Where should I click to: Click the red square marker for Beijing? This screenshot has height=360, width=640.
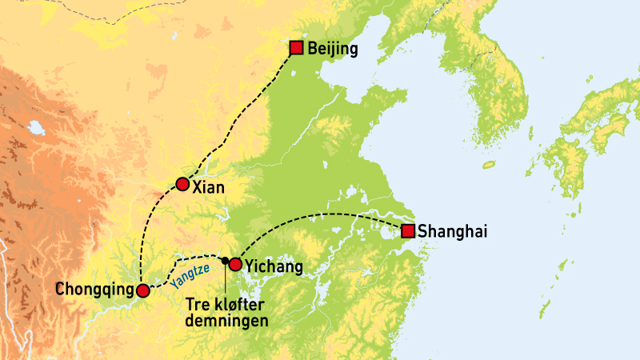pyautogui.click(x=296, y=48)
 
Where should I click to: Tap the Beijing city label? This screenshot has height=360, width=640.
pyautogui.click(x=332, y=49)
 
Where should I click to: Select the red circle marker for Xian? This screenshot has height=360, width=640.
pyautogui.click(x=182, y=185)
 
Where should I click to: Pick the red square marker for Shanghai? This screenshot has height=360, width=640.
pyautogui.click(x=408, y=231)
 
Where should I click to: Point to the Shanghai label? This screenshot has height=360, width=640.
pyautogui.click(x=453, y=232)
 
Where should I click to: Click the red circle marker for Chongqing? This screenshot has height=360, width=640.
pyautogui.click(x=142, y=290)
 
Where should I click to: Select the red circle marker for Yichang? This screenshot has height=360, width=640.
pyautogui.click(x=235, y=263)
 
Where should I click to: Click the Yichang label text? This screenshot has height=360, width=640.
pyautogui.click(x=272, y=265)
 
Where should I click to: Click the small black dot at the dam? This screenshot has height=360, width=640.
pyautogui.click(x=225, y=260)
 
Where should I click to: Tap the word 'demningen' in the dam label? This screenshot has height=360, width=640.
pyautogui.click(x=227, y=320)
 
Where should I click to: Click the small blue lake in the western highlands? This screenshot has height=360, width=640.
pyautogui.click(x=35, y=126)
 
